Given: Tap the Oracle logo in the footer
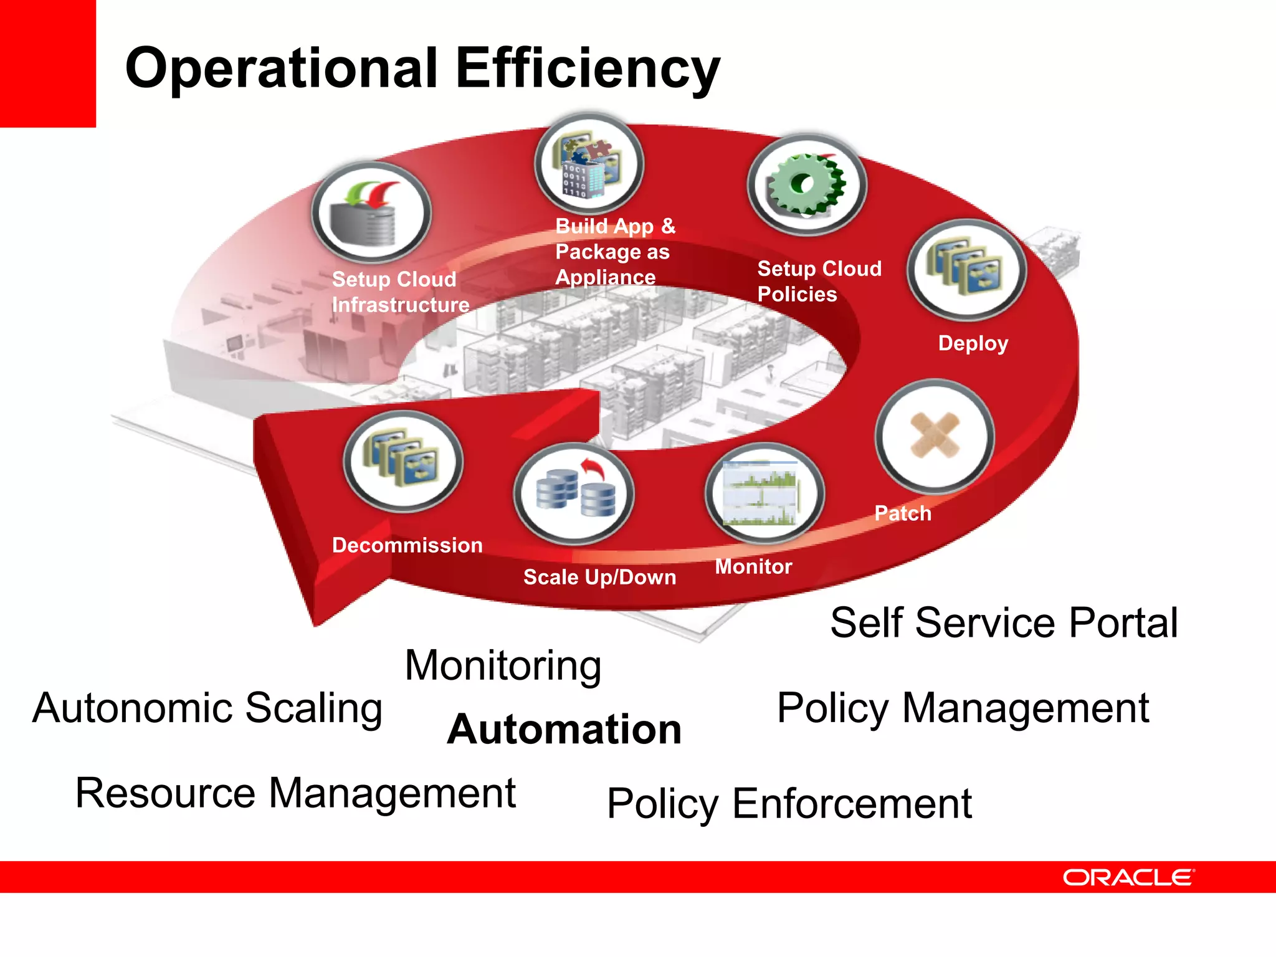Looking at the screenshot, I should tap(1128, 877).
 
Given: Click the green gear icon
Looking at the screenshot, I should tap(806, 185).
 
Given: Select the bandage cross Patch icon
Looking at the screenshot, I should tap(934, 436).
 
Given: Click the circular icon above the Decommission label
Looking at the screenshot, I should tap(403, 462).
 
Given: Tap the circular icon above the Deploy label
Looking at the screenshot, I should tap(966, 270).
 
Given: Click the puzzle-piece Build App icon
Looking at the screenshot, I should tap(589, 164).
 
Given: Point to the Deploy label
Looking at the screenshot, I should tap(973, 343).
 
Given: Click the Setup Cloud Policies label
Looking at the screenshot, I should tap(818, 281).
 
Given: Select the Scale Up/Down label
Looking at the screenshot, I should tap(599, 577).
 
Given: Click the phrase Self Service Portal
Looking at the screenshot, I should tap(1004, 622).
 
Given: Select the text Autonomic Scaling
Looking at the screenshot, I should tap(207, 708).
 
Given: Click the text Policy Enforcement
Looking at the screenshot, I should tap(789, 804).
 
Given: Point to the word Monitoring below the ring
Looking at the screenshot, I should tap(503, 665).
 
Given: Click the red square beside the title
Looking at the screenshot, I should tap(47, 63).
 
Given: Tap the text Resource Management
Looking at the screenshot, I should tap(295, 793).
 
